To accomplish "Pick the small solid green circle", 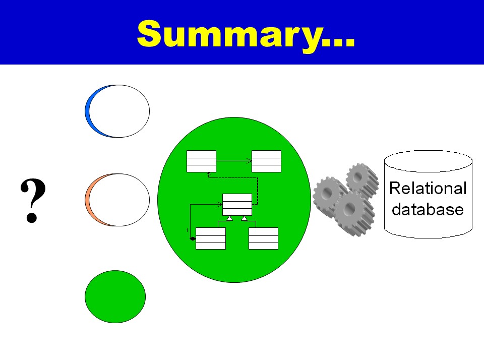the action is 115,296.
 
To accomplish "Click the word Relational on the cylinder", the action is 428,189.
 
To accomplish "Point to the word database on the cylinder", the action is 428,209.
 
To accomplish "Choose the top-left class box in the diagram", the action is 201,161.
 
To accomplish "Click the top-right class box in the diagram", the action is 266,161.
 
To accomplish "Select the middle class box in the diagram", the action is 237,204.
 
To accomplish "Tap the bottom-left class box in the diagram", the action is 211,238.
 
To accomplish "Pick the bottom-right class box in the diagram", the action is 263,238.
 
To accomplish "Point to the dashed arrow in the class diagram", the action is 258,187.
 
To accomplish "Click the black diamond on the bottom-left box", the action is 193,238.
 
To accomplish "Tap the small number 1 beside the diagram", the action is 187,230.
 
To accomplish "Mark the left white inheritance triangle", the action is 229,218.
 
